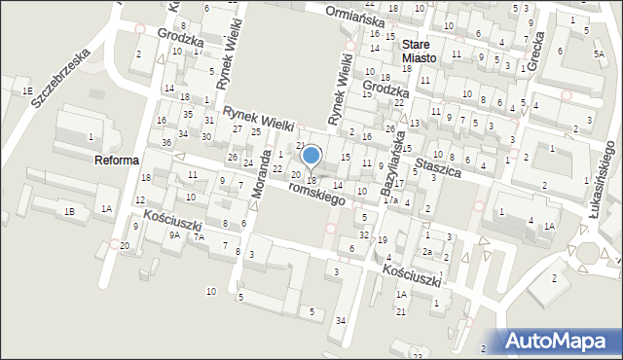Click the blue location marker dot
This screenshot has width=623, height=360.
[311, 155]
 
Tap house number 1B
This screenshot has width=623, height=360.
[69, 211]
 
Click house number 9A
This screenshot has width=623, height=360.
[174, 234]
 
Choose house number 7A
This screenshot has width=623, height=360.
[199, 236]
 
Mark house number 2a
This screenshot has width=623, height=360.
[426, 251]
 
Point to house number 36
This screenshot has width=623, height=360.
[166, 143]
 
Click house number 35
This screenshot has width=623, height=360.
[187, 113]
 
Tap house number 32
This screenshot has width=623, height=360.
[363, 234]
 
